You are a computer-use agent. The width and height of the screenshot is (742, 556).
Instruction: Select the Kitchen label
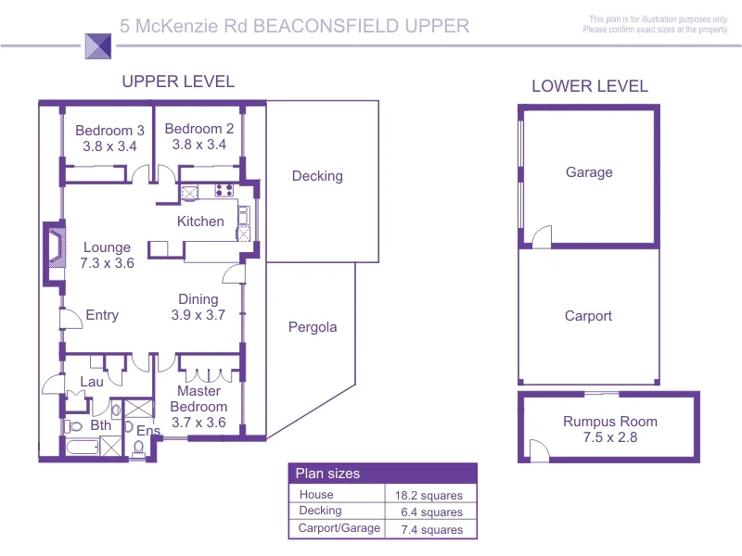click(200, 221)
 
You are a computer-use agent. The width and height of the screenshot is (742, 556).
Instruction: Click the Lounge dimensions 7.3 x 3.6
click(107, 262)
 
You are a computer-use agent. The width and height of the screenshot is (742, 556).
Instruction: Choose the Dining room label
click(198, 299)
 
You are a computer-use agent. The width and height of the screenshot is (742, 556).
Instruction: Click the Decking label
click(317, 176)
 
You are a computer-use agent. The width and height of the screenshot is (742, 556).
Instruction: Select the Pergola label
click(313, 327)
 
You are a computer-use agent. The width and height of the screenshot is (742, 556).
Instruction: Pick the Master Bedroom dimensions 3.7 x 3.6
click(198, 423)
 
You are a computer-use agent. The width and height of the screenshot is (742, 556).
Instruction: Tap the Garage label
click(589, 172)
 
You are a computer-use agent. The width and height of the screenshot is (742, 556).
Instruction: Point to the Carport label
click(589, 316)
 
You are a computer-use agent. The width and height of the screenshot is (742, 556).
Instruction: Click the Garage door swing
click(541, 237)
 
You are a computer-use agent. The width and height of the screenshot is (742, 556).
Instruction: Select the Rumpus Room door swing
click(538, 450)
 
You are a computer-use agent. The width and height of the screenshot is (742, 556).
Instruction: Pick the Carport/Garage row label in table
click(339, 529)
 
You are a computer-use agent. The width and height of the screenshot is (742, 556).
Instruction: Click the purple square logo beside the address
click(97, 45)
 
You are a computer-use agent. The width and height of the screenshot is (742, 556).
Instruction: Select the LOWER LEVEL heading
click(590, 87)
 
